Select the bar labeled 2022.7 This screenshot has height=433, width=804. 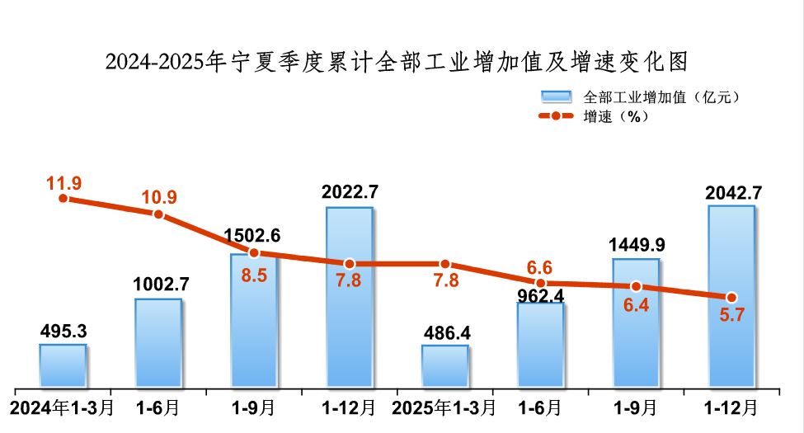click(349, 297)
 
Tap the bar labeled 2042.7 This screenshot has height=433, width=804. click(731, 295)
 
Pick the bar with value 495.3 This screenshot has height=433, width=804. click(63, 365)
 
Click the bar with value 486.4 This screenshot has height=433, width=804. click(444, 365)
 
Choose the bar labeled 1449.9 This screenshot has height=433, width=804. click(636, 322)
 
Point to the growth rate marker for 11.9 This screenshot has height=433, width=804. click(63, 198)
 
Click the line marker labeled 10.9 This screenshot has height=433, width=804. click(158, 214)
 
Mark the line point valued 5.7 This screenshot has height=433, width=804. click(731, 297)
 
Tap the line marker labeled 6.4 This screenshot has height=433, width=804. click(636, 286)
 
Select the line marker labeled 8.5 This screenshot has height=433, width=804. click(254, 252)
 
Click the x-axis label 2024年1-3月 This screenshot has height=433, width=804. click(62, 407)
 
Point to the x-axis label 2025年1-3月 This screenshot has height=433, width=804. click(444, 407)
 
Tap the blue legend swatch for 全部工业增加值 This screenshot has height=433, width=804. click(557, 96)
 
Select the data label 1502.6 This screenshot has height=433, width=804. click(253, 235)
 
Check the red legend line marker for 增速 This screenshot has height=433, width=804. click(557, 116)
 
